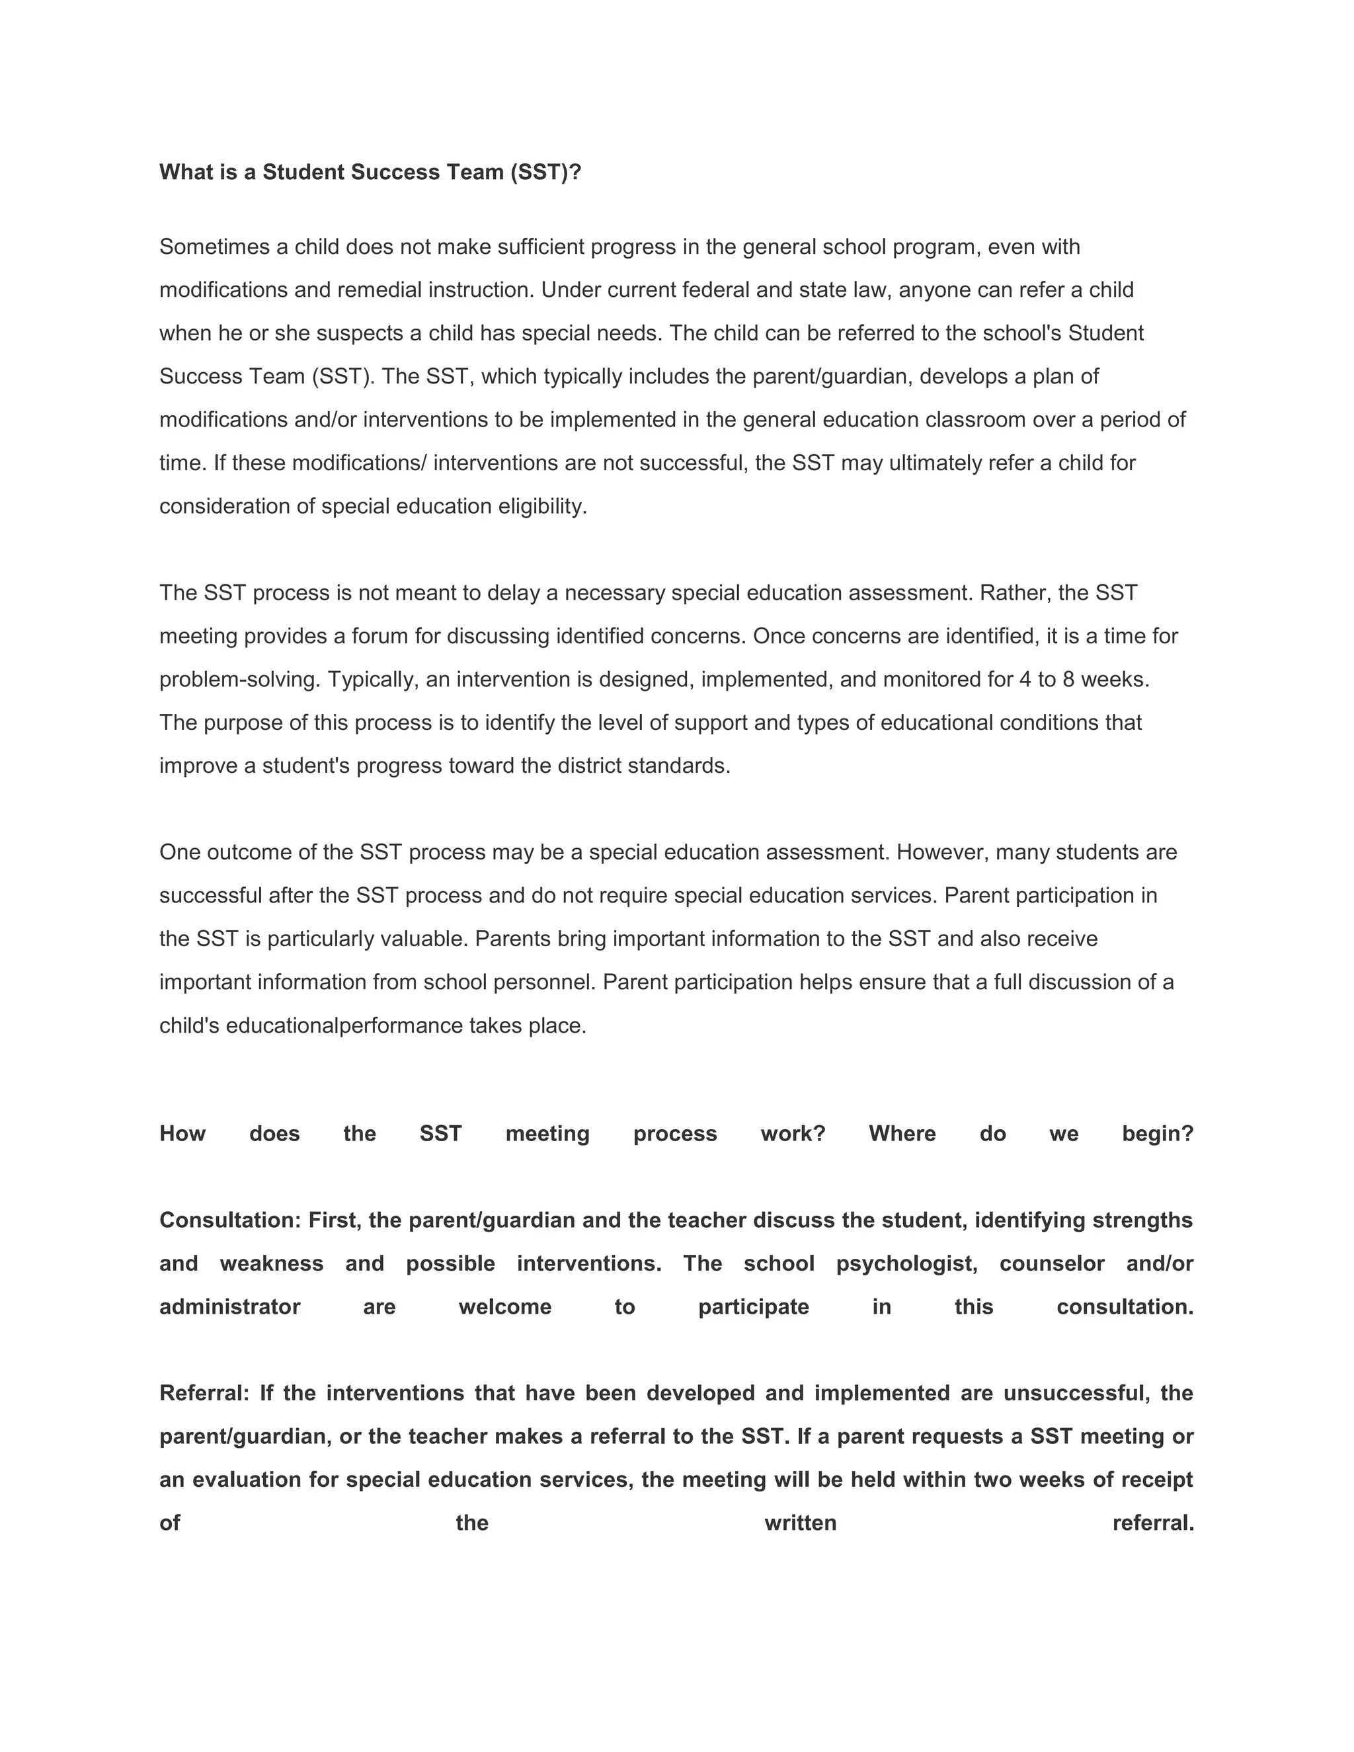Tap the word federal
point(715,290)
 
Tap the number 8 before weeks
point(1068,680)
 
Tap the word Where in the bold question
point(902,1135)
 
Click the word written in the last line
point(801,1523)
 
